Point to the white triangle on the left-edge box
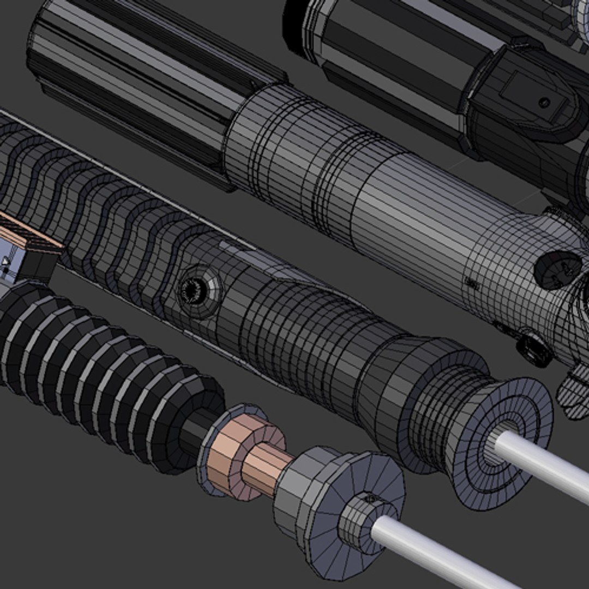(5, 262)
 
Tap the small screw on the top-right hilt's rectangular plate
(544, 101)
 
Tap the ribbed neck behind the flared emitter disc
(431, 398)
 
